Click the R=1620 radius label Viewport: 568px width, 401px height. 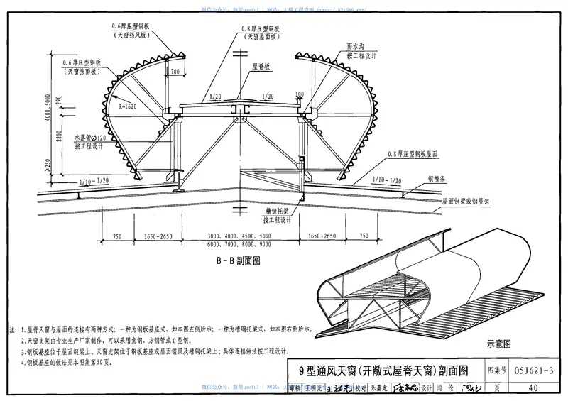click(128, 105)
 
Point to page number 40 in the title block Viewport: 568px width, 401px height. click(533, 387)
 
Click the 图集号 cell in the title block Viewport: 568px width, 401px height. click(498, 370)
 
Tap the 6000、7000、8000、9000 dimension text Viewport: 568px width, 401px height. click(240, 243)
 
